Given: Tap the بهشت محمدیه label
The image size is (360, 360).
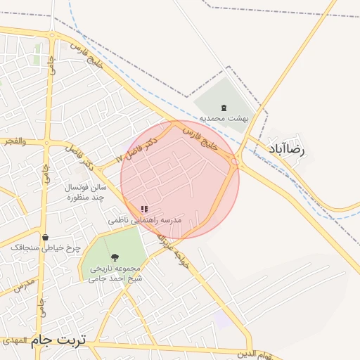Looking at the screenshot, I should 224,118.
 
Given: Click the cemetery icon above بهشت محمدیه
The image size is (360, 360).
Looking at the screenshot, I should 224,108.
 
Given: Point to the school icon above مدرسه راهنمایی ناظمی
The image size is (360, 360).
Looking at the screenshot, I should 144,209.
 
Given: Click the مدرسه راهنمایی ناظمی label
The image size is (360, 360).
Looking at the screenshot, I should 145,220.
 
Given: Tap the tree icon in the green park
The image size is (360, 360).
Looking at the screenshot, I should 115,257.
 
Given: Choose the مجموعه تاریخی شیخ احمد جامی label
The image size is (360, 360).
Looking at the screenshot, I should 115,273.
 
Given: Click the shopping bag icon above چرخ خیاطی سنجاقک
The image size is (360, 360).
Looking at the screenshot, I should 46,238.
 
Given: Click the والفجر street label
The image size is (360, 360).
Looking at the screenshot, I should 14,141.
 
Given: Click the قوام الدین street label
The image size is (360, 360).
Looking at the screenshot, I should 254,354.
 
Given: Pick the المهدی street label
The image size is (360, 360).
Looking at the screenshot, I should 14,340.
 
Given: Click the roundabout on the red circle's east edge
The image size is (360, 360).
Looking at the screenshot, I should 234,162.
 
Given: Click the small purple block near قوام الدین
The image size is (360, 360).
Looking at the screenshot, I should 221,319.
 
